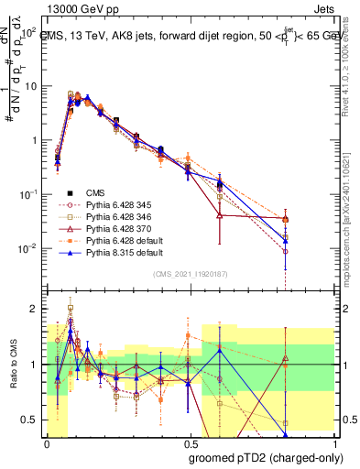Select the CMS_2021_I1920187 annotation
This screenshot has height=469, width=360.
(190, 273)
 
